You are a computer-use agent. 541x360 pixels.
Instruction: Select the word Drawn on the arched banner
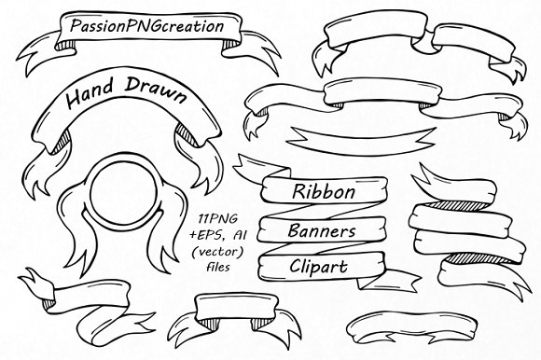tap(160, 96)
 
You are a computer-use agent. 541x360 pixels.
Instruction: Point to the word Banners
tap(323, 229)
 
